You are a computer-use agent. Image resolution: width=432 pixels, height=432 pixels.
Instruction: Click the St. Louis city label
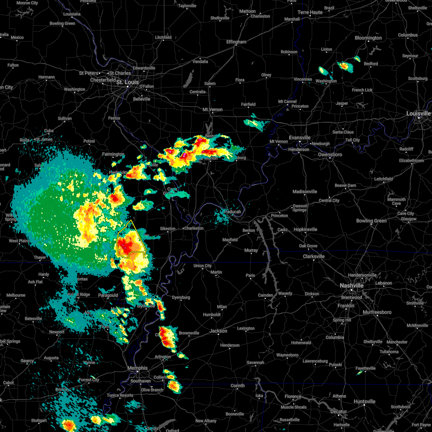(x=127, y=82)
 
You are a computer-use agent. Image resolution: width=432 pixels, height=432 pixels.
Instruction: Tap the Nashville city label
(x=352, y=285)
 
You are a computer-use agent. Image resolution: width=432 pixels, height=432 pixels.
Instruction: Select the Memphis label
(x=138, y=368)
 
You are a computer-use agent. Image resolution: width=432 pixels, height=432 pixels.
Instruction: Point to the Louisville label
(x=419, y=113)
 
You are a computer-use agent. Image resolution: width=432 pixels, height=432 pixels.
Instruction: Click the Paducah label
(x=233, y=212)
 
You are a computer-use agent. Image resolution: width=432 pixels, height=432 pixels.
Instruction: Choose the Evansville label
(x=300, y=138)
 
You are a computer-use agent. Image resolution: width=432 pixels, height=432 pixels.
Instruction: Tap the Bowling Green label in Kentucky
(x=372, y=221)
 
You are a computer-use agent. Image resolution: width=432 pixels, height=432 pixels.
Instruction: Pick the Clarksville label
(x=314, y=256)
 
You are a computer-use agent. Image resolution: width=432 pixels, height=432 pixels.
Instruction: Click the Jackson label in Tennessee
(x=219, y=331)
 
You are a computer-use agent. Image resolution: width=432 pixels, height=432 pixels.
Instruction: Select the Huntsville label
(x=365, y=401)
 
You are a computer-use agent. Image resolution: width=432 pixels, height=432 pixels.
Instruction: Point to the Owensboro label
(x=330, y=154)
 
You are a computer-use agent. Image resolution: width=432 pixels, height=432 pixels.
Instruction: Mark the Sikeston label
(x=168, y=229)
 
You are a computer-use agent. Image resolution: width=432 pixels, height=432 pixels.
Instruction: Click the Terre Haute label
(x=310, y=12)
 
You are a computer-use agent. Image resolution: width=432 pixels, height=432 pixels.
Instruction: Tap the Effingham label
(x=236, y=42)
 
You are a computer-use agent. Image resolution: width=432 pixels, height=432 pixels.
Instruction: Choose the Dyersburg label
(x=181, y=297)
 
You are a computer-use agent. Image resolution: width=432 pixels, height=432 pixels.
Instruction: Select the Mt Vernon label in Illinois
(x=212, y=109)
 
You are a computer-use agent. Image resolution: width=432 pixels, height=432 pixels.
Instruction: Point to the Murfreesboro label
(x=377, y=312)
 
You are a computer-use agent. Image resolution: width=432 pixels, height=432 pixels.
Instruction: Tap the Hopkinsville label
(x=305, y=229)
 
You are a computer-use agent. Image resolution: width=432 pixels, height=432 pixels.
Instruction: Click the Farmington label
(x=113, y=154)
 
